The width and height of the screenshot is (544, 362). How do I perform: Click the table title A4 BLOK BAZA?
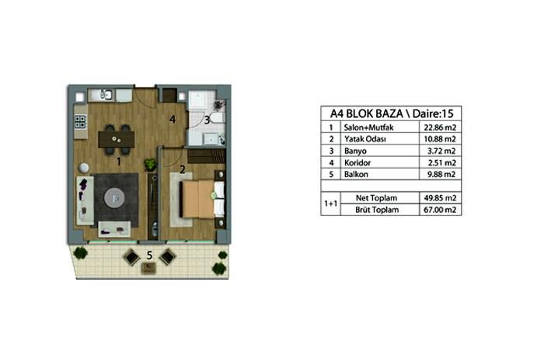point(366,113)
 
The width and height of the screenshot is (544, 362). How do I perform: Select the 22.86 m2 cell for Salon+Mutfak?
point(440,127)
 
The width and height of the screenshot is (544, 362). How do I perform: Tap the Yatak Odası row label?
point(365,139)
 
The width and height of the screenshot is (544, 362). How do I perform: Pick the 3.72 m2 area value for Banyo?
point(441,151)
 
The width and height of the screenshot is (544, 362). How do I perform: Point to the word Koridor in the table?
point(357,162)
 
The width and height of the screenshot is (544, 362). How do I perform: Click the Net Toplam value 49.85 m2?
point(440,198)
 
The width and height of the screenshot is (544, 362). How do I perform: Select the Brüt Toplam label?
point(376,210)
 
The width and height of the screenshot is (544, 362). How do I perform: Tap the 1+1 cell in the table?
point(330,204)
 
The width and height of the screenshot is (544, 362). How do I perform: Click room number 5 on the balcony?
point(149,256)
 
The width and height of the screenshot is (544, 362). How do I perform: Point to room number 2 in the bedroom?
point(182,169)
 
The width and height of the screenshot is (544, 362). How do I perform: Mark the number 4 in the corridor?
point(173,120)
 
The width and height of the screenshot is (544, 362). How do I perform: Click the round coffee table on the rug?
point(114,198)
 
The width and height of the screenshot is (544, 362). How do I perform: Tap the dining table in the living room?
point(117,139)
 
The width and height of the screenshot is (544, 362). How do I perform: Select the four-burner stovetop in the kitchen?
point(80,122)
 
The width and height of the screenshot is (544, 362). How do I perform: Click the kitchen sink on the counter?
point(106,94)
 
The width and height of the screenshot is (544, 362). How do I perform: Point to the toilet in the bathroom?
point(218,118)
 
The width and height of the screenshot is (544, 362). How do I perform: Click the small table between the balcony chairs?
point(149,267)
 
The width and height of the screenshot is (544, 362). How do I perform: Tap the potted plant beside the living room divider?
point(151,165)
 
